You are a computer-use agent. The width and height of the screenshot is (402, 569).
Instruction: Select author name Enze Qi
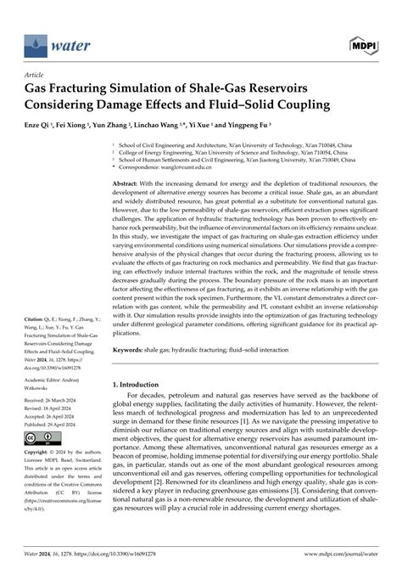(x=41, y=124)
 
